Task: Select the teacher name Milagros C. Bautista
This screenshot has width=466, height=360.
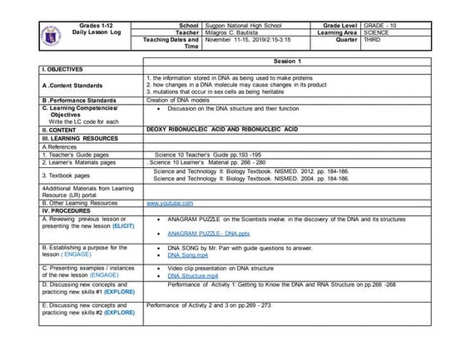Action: click(238, 33)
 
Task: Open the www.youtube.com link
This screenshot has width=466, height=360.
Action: click(170, 203)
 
